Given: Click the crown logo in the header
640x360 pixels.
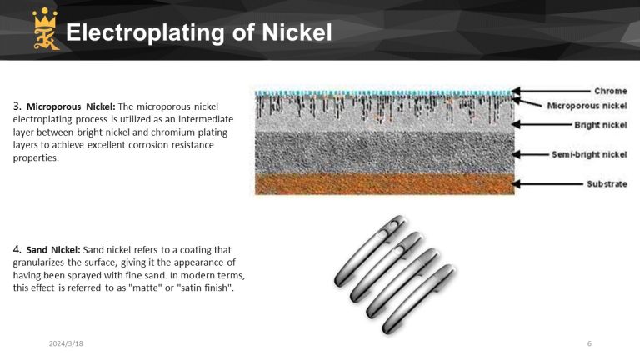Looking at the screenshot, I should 42,30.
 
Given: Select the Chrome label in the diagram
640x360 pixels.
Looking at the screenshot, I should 610,91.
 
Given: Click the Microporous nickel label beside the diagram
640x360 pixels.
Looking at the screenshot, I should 587,106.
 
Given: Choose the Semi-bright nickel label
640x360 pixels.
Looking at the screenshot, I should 589,154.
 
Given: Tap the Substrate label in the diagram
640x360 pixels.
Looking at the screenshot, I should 606,183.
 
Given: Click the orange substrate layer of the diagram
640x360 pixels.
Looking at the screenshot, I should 383,183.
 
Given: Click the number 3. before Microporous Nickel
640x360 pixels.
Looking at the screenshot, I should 17,107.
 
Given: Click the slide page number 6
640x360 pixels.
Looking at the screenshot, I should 589,343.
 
